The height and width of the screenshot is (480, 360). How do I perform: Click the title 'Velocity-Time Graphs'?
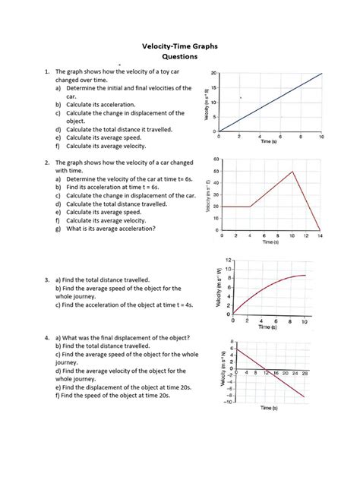[180, 46]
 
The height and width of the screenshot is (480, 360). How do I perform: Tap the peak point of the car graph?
[292, 172]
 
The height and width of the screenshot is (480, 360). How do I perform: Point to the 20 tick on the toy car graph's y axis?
[213, 73]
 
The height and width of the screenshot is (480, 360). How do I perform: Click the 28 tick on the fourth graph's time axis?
[305, 374]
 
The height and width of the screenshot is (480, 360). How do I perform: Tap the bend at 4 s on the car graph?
[250, 207]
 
